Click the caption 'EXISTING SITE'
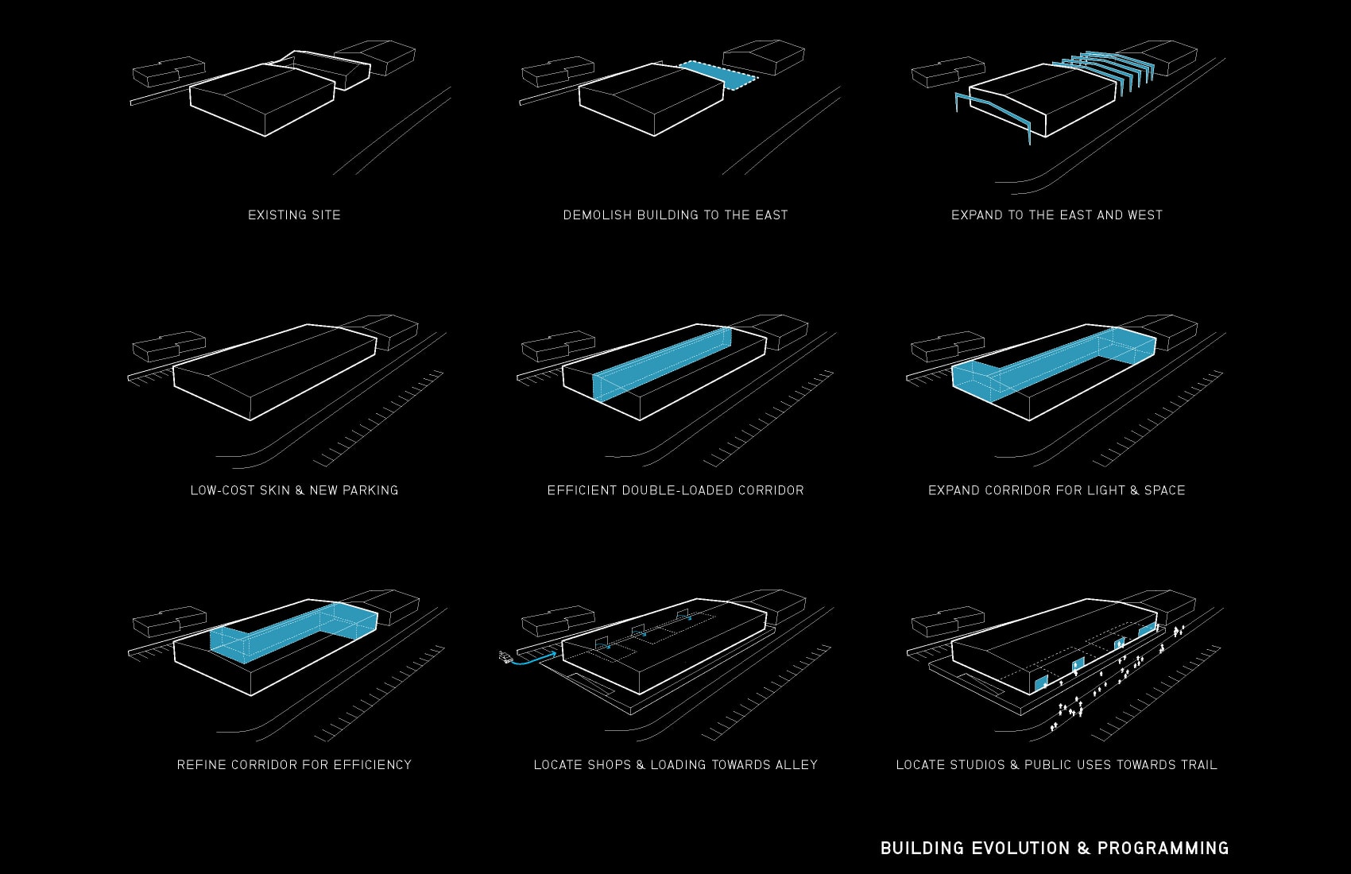pos(294,215)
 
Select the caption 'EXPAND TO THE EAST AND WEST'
pos(1056,215)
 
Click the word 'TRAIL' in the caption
pos(1196,765)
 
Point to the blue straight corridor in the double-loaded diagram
pos(662,365)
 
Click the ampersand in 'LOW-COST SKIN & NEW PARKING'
pos(300,490)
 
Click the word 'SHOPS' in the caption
pos(610,765)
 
